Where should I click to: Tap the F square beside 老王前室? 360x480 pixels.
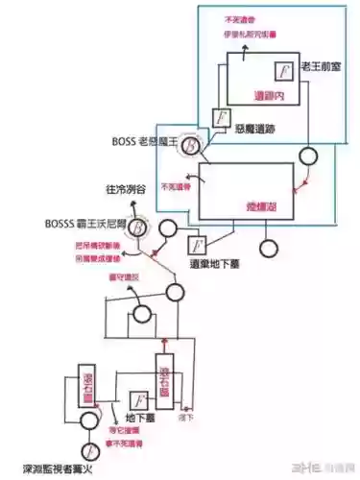[x=283, y=70]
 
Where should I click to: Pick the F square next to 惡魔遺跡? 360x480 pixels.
[x=220, y=118]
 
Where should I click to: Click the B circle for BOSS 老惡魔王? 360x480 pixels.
[x=191, y=143]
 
